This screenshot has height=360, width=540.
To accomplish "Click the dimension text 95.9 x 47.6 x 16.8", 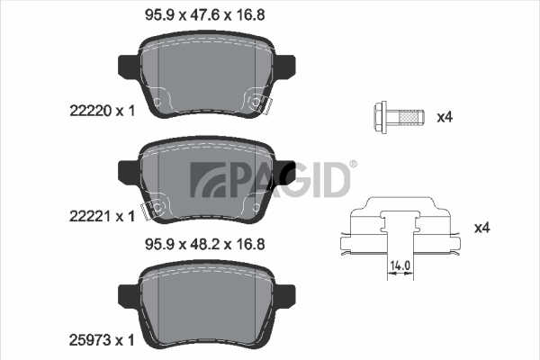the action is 205,15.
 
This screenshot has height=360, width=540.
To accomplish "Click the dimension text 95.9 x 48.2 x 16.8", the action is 205,245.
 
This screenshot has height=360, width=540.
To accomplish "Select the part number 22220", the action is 91,111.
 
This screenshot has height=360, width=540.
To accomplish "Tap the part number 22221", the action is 91,216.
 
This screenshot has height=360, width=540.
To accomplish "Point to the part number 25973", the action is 91,340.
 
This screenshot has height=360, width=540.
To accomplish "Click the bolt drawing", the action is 399,118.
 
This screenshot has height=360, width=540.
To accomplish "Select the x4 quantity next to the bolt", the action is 445,118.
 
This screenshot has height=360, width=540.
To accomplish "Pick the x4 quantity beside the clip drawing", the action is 481,228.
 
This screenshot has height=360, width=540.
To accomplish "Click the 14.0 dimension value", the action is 400,265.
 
